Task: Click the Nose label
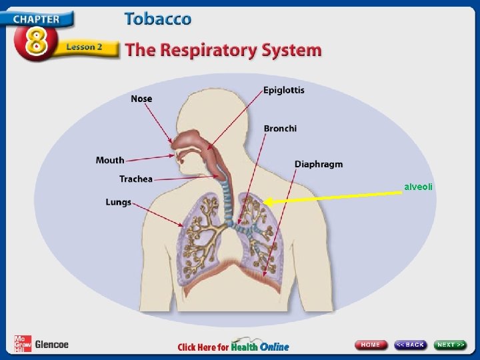click(x=141, y=99)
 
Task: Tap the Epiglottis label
click(x=283, y=90)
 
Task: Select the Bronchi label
click(x=280, y=128)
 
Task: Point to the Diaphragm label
click(x=319, y=164)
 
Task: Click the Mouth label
click(x=110, y=160)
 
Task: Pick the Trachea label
click(x=136, y=179)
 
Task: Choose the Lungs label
click(x=119, y=201)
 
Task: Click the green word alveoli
click(x=418, y=187)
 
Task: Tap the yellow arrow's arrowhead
click(x=267, y=201)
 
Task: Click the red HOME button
click(x=371, y=345)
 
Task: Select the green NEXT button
click(x=451, y=345)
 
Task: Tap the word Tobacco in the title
click(x=157, y=19)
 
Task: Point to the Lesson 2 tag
click(x=84, y=48)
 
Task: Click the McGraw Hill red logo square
click(x=21, y=343)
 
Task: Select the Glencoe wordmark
click(x=51, y=344)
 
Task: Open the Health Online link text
click(x=260, y=346)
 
